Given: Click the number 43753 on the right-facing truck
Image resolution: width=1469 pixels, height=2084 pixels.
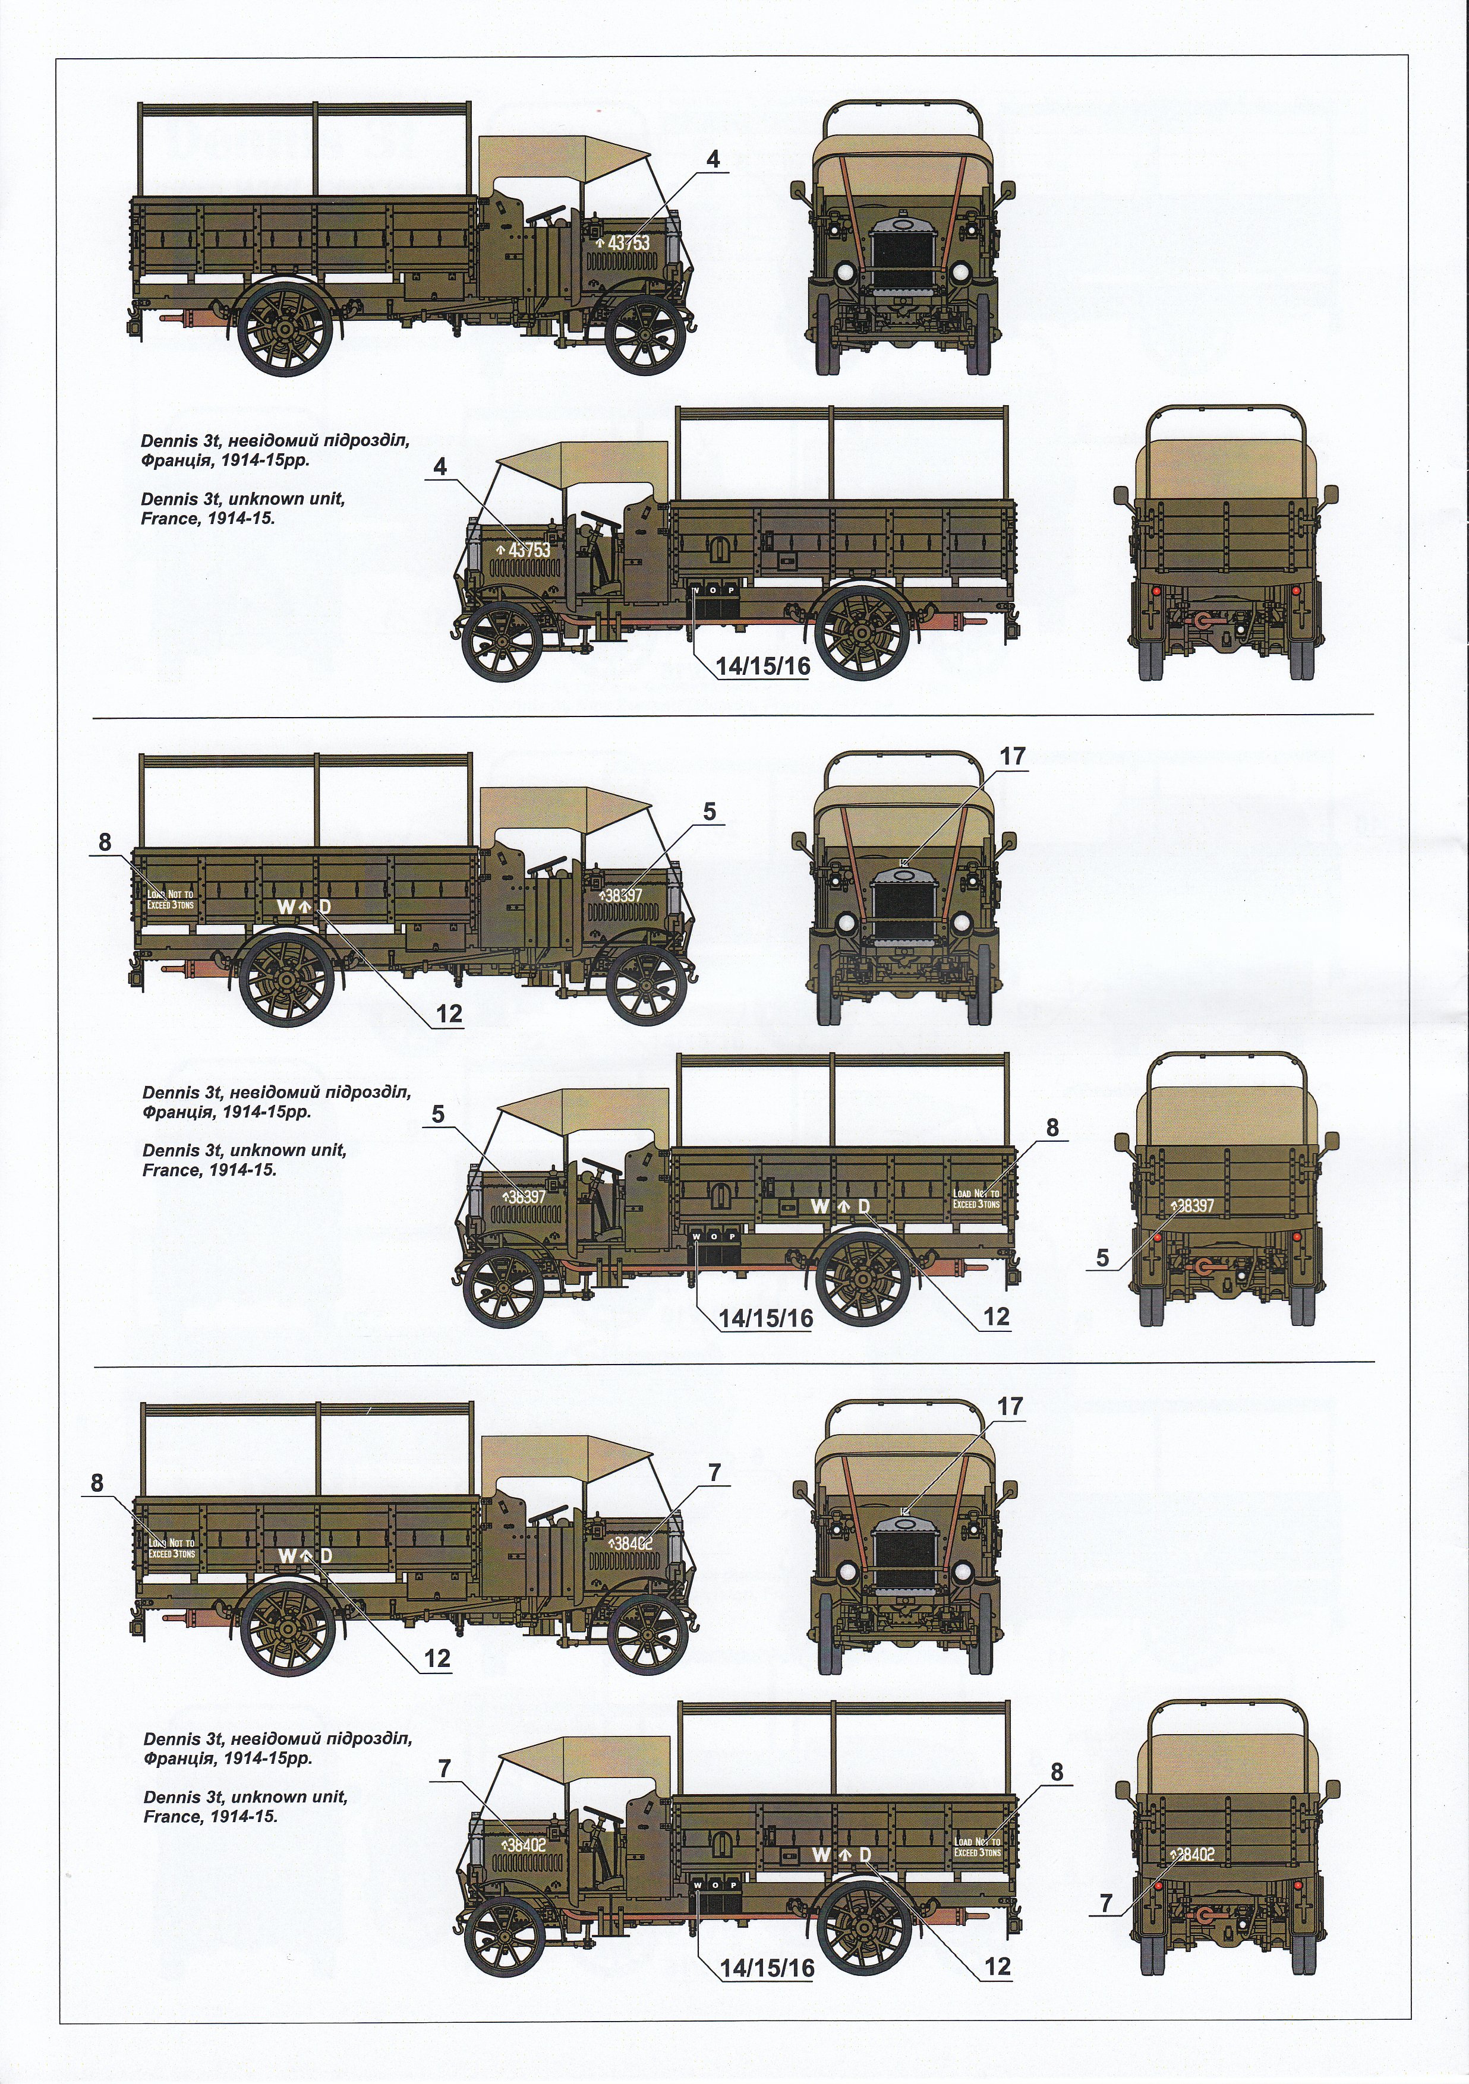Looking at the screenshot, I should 628,243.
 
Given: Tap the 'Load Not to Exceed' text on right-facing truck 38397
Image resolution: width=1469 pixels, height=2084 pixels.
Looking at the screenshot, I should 171,899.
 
